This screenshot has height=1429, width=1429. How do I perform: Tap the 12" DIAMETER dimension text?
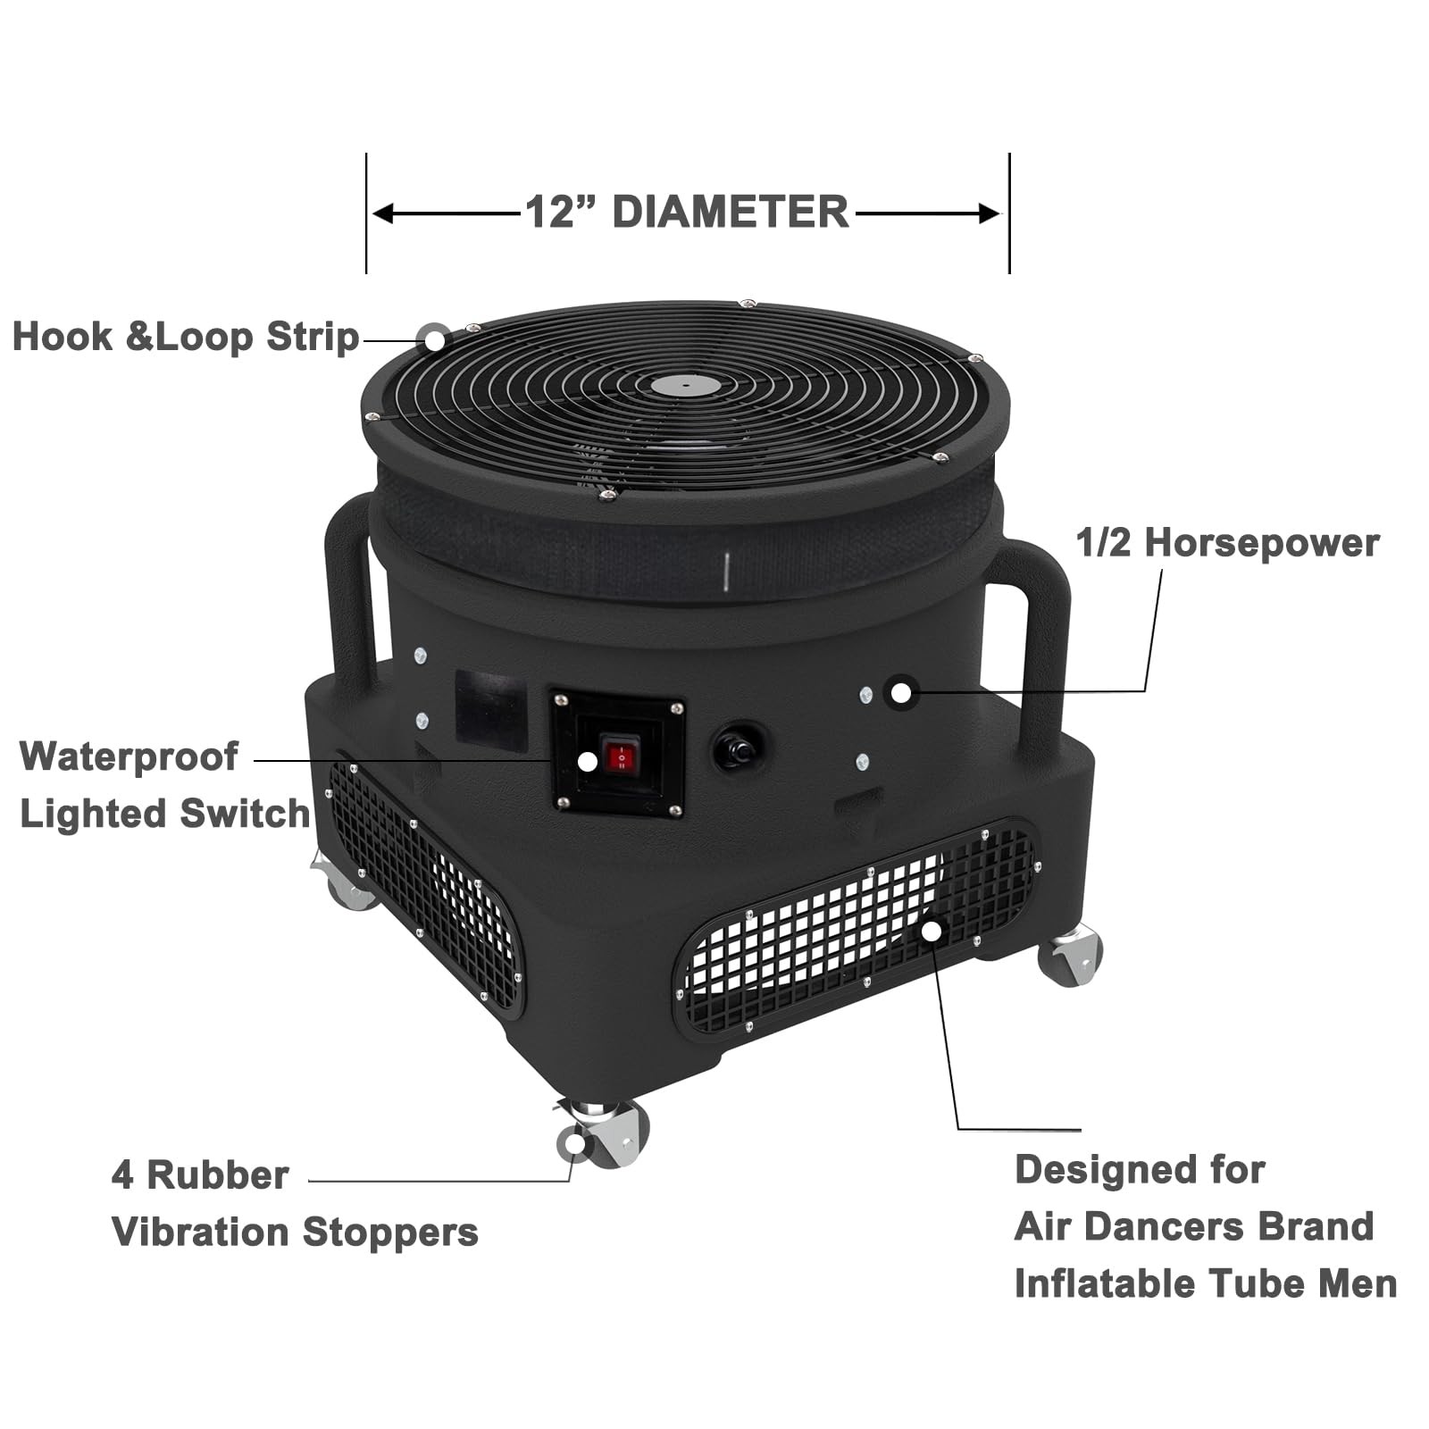[687, 213]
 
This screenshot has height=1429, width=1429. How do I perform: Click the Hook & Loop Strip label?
[186, 338]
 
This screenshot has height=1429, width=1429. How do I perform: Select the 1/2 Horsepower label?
[1228, 543]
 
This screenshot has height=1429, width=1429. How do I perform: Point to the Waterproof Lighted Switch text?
[164, 785]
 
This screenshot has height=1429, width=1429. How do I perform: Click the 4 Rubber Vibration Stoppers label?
[295, 1204]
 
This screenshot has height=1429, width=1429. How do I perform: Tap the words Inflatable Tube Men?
[1206, 1284]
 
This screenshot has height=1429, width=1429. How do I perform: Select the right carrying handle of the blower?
[1036, 643]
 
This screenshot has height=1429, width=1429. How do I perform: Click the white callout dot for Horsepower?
[901, 692]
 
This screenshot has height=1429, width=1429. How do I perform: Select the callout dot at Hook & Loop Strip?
[434, 338]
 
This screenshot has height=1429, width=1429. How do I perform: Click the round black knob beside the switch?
[738, 748]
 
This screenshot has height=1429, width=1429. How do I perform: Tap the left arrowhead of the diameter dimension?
[383, 214]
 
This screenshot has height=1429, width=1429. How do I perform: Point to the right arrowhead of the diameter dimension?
[989, 214]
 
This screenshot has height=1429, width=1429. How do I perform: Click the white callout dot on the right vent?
[932, 931]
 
